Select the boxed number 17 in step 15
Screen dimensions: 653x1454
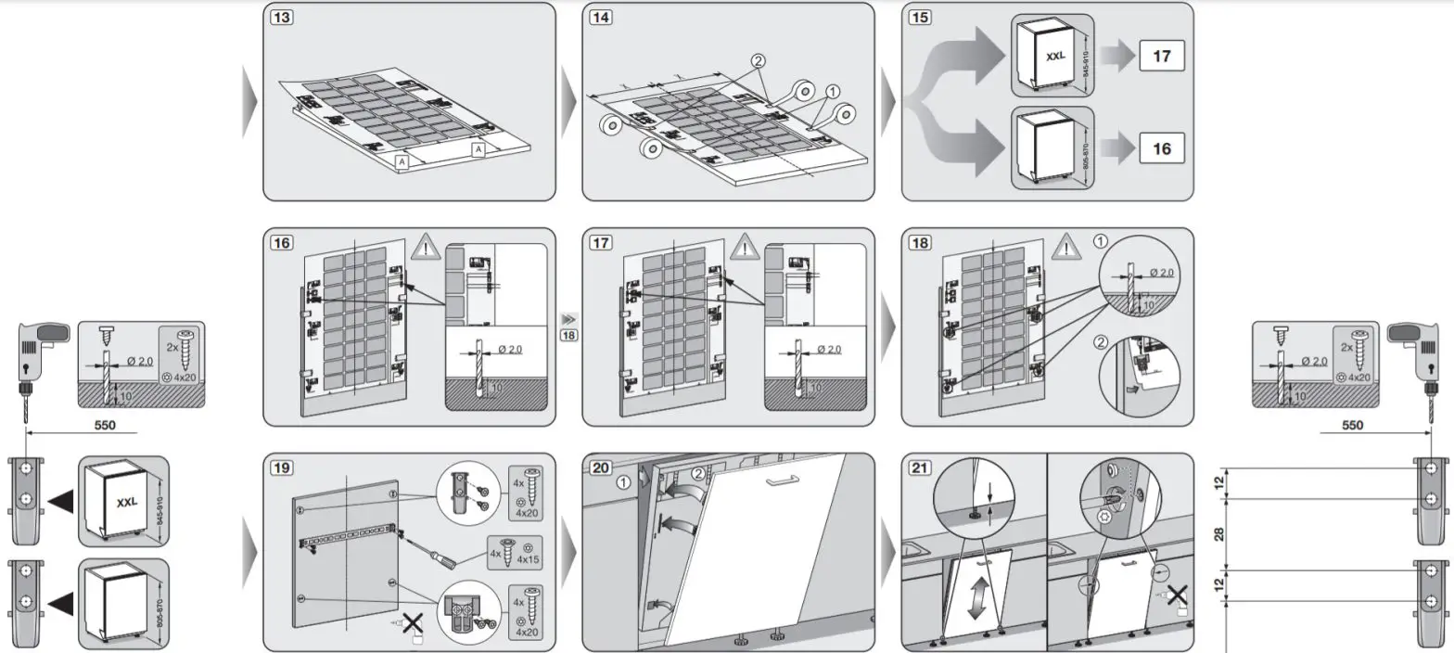click(1161, 57)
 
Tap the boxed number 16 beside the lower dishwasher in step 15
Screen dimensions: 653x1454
click(1161, 148)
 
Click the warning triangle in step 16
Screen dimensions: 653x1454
click(426, 249)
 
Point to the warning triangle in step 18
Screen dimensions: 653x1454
click(1064, 249)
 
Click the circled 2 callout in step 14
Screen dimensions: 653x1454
click(759, 61)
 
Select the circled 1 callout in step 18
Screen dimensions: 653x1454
click(1100, 240)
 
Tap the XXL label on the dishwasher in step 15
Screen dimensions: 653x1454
click(1055, 57)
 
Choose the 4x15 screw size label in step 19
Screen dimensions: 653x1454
click(529, 560)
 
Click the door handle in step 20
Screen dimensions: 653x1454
click(780, 480)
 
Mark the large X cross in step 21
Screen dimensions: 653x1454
click(1177, 593)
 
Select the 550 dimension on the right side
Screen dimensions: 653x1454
click(1353, 425)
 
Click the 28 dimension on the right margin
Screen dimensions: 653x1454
click(1219, 533)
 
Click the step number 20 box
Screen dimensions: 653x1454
click(600, 467)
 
